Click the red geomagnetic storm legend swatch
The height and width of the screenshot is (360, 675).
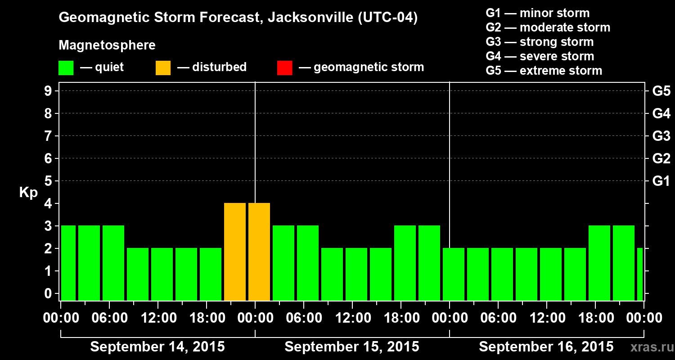coord(284,67)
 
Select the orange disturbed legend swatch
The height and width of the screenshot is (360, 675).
coord(163,67)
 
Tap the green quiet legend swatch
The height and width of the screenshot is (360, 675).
coord(66,67)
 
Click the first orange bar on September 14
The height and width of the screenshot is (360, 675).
coord(235,252)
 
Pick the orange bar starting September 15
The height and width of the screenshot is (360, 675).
coord(259,252)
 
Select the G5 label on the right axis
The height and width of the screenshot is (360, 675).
coord(661,91)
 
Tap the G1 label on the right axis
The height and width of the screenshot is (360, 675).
coord(661,181)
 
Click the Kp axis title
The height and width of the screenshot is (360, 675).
coord(28,193)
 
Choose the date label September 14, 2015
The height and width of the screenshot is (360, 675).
coord(157,347)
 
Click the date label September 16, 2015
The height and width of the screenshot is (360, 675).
coord(546,347)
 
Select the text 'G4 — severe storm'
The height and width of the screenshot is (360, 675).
coord(540,56)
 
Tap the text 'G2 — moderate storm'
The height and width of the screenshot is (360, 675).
coord(548,27)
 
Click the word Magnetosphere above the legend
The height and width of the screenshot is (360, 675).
coord(107,45)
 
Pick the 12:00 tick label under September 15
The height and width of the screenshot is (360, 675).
coord(353,318)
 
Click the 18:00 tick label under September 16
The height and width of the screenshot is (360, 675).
coord(596,318)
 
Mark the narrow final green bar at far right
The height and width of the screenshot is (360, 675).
coord(640,274)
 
